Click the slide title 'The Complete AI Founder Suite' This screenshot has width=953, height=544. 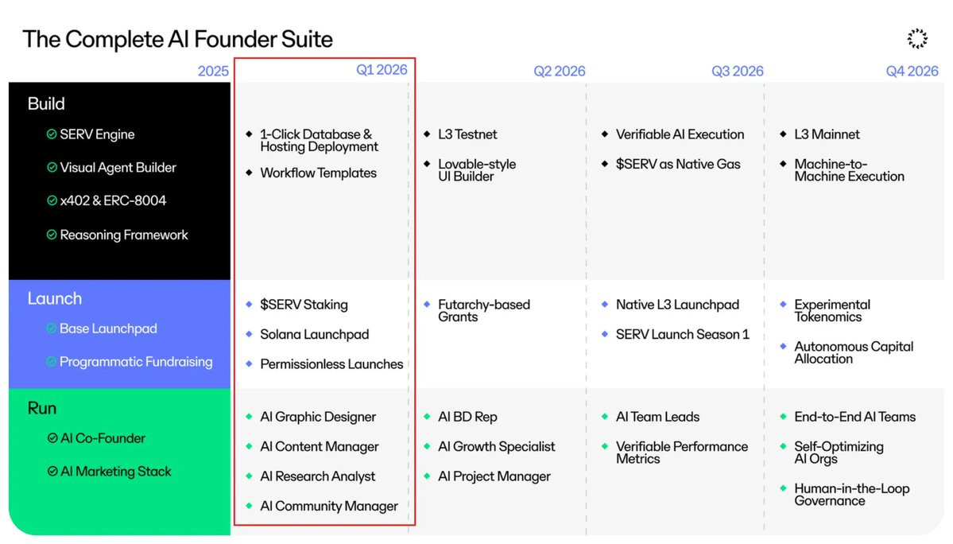pyautogui.click(x=177, y=40)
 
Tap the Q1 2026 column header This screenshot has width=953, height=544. pyautogui.click(x=382, y=70)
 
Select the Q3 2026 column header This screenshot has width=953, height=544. pyautogui.click(x=738, y=71)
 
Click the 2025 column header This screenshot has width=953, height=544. pyautogui.click(x=213, y=71)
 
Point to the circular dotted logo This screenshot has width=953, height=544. pyautogui.click(x=917, y=38)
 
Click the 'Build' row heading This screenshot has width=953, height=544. pyautogui.click(x=46, y=103)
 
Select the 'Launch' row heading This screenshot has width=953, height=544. pyautogui.click(x=55, y=298)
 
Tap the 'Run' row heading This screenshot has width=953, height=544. pyautogui.click(x=42, y=408)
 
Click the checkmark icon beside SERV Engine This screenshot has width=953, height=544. pyautogui.click(x=52, y=134)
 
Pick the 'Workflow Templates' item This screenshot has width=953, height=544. pyautogui.click(x=319, y=173)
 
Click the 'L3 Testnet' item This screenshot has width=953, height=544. pyautogui.click(x=467, y=134)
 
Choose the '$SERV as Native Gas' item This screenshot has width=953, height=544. pyautogui.click(x=678, y=164)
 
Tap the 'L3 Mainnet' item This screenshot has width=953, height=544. pyautogui.click(x=827, y=134)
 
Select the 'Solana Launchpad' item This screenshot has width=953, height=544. pyautogui.click(x=314, y=334)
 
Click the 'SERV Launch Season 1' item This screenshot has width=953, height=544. pyautogui.click(x=683, y=334)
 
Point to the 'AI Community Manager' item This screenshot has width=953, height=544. pyautogui.click(x=329, y=507)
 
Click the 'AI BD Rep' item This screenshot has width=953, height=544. pyautogui.click(x=467, y=417)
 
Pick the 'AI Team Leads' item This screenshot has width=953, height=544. pyautogui.click(x=657, y=417)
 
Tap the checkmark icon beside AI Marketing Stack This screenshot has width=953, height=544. pyautogui.click(x=52, y=471)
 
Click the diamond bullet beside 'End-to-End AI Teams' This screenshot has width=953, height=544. pyautogui.click(x=783, y=417)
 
